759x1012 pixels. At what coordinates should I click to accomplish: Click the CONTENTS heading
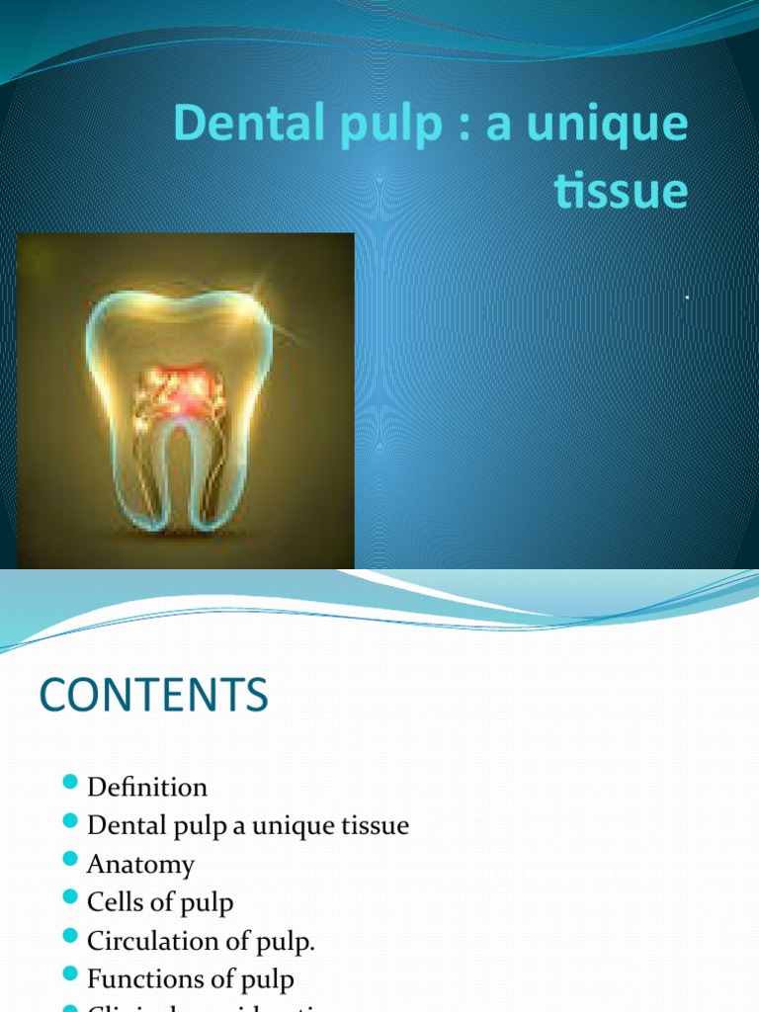pyautogui.click(x=153, y=697)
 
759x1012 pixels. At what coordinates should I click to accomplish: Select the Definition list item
pyautogui.click(x=147, y=788)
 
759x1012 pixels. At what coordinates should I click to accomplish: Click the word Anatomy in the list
pyautogui.click(x=140, y=865)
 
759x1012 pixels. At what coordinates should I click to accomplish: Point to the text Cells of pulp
pyautogui.click(x=160, y=902)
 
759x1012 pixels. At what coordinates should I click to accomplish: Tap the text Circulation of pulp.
pyautogui.click(x=201, y=941)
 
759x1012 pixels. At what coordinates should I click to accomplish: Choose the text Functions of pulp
pyautogui.click(x=190, y=979)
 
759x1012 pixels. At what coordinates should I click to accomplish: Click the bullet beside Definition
pyautogui.click(x=69, y=784)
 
